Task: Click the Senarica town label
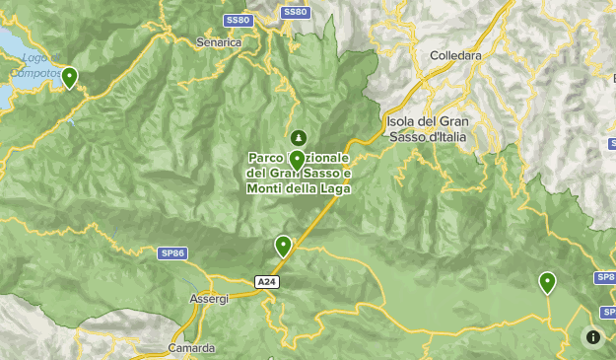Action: (219, 42)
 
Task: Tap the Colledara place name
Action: (455, 56)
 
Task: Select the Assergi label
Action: (208, 298)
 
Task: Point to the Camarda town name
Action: (190, 348)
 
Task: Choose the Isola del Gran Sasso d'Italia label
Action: (426, 128)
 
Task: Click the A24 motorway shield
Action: (265, 282)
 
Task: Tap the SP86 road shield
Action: (171, 253)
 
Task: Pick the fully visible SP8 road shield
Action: (605, 278)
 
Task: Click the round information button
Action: (593, 337)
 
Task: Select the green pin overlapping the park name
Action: (297, 160)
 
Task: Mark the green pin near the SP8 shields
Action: (547, 282)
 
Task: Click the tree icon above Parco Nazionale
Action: (298, 137)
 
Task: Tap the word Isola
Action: (402, 121)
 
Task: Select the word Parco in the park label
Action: (264, 158)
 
